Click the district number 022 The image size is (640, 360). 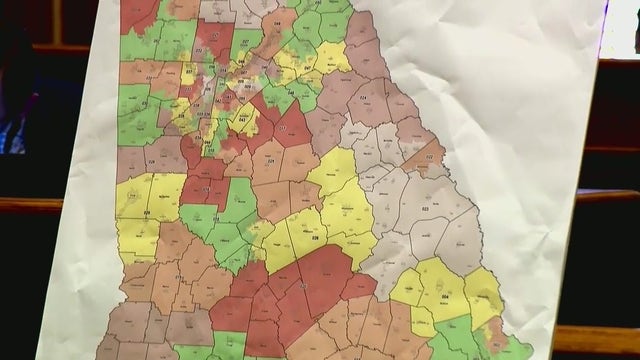point(431,157)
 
